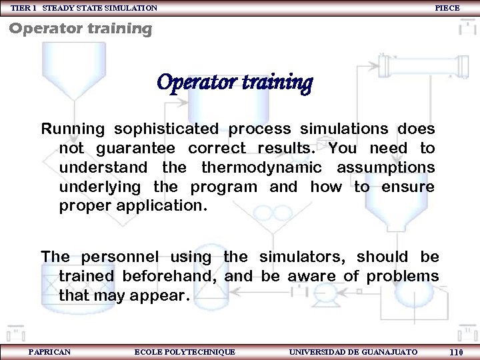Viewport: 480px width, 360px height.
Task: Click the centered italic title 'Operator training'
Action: [234, 83]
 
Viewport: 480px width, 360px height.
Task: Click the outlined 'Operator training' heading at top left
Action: [81, 29]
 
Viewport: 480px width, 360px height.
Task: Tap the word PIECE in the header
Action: [447, 8]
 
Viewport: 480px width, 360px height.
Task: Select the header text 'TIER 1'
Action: [23, 8]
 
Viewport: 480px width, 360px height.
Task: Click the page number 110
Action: [456, 352]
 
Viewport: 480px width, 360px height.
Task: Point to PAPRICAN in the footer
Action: [50, 351]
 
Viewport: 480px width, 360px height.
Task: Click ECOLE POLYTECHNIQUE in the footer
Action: [185, 351]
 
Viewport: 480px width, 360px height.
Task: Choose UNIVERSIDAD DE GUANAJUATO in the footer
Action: [353, 351]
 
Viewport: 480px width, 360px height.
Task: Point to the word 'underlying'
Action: [101, 187]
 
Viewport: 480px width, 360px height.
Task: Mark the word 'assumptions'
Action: [385, 167]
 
